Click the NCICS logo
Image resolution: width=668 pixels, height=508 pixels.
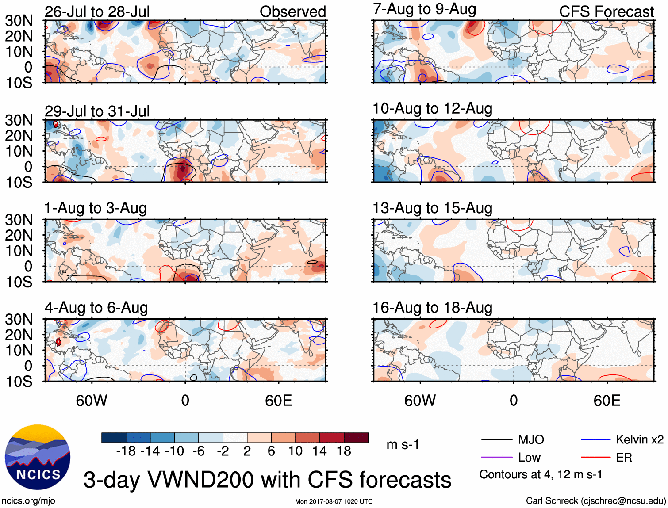tap(38, 457)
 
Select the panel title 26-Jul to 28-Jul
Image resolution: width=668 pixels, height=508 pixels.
tap(97, 11)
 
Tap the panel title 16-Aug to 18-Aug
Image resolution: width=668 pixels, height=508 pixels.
tap(432, 307)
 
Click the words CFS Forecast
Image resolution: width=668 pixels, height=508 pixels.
tap(606, 11)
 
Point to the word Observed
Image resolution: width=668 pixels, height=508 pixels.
tap(292, 11)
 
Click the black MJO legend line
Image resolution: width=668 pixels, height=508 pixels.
tap(496, 439)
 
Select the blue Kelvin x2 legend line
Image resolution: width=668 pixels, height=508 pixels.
tap(595, 439)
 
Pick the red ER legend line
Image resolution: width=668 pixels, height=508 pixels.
tap(595, 457)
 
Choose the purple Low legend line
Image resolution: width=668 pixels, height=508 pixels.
tap(496, 457)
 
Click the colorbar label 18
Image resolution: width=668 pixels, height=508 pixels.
tap(344, 451)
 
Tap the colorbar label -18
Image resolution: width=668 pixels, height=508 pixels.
tap(126, 451)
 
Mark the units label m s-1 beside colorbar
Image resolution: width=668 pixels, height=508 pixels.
tap(403, 444)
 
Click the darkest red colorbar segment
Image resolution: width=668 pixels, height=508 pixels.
tap(356, 438)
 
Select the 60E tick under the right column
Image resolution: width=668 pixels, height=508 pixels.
tap(607, 401)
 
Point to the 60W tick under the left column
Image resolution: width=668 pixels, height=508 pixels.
tap(92, 401)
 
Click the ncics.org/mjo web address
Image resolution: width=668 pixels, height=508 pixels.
tap(28, 500)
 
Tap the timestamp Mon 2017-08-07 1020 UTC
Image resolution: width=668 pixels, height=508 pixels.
tap(334, 501)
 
